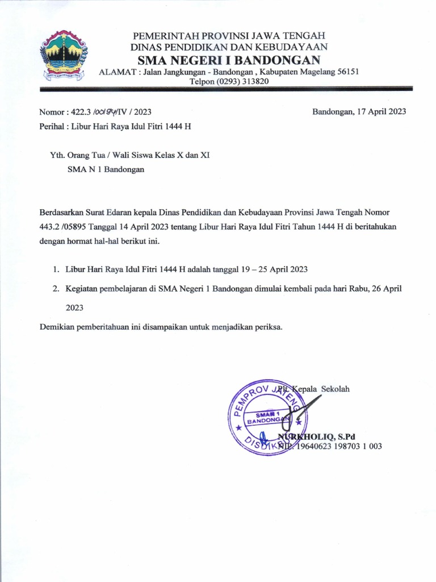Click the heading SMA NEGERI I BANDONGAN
(x=229, y=61)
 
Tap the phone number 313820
(x=254, y=81)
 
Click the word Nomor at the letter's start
(x=51, y=112)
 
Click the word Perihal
(x=52, y=126)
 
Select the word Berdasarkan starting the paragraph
(x=63, y=212)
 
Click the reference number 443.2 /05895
(x=64, y=226)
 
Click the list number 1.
(x=56, y=269)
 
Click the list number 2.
(x=56, y=288)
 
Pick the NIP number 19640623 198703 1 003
(x=339, y=446)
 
